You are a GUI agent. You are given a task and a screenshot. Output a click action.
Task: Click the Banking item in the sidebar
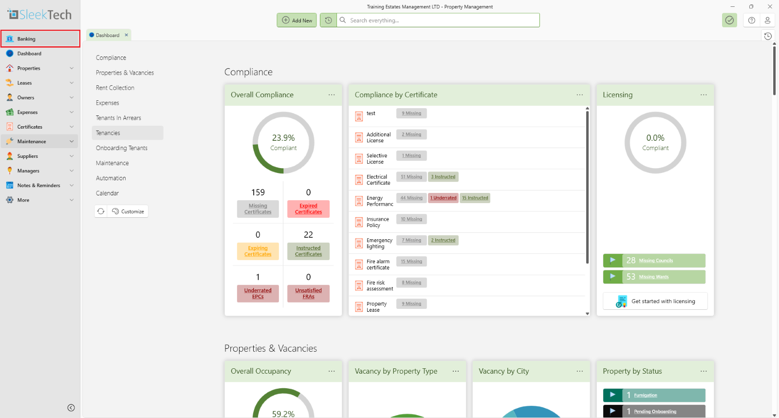pyautogui.click(x=26, y=39)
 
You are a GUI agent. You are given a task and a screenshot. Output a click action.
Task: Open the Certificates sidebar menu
pyautogui.click(x=30, y=127)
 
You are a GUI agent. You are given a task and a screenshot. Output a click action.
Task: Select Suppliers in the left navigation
pyautogui.click(x=28, y=156)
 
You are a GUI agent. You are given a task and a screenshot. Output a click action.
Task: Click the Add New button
pyautogui.click(x=297, y=20)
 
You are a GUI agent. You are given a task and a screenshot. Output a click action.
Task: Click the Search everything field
pyautogui.click(x=438, y=20)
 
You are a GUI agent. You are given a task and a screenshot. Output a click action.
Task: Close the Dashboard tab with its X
pyautogui.click(x=127, y=35)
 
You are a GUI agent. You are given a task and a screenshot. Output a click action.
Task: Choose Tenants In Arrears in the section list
pyautogui.click(x=118, y=118)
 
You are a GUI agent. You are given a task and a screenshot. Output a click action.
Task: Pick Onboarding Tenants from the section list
pyautogui.click(x=122, y=148)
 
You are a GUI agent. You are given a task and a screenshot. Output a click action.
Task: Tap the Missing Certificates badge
pyautogui.click(x=258, y=209)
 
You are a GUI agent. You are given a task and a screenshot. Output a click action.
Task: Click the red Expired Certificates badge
pyautogui.click(x=308, y=209)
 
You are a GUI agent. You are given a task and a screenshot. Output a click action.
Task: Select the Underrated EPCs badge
pyautogui.click(x=258, y=294)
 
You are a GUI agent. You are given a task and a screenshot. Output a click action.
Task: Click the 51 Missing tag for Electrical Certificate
pyautogui.click(x=411, y=177)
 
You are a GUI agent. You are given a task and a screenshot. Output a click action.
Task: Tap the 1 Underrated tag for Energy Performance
pyautogui.click(x=444, y=198)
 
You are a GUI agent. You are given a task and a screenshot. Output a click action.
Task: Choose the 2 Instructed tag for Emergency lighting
pyautogui.click(x=444, y=240)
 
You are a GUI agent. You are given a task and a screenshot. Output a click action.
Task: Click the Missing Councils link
pyautogui.click(x=656, y=261)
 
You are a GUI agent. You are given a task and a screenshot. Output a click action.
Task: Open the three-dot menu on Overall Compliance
pyautogui.click(x=332, y=95)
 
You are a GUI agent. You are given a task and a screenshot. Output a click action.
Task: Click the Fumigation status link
pyautogui.click(x=646, y=396)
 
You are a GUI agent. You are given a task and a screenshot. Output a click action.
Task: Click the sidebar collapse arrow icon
pyautogui.click(x=71, y=408)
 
